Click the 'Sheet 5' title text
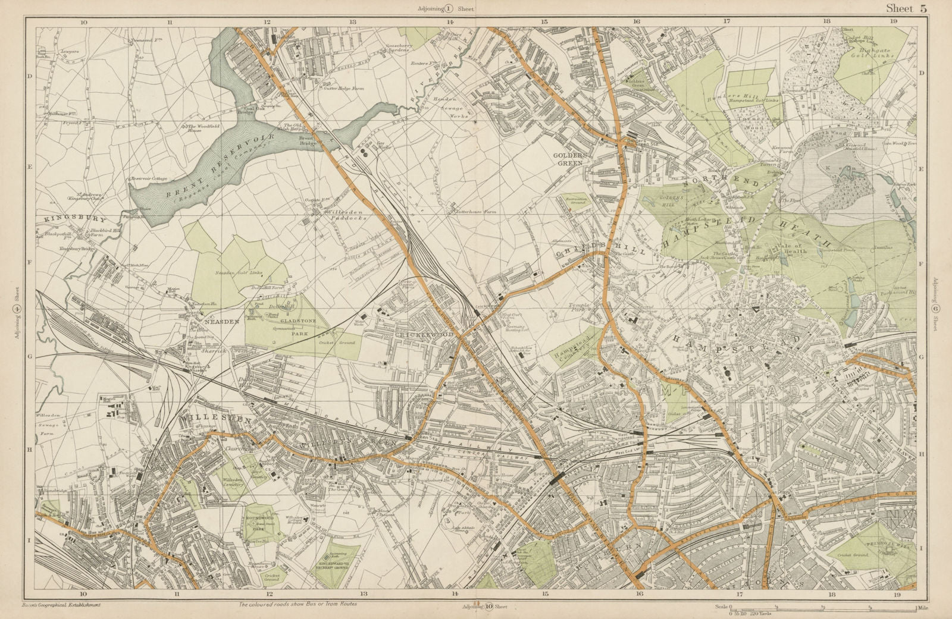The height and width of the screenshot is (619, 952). [x=906, y=8]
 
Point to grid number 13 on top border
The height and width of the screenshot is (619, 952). [x=353, y=21]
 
